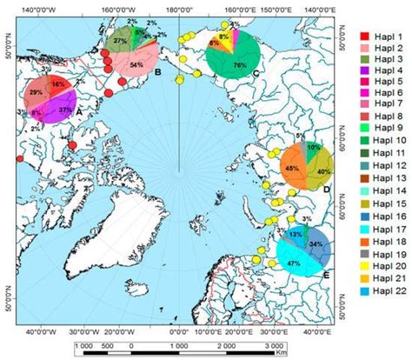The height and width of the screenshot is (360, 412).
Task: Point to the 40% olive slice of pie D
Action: [x=321, y=170]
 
